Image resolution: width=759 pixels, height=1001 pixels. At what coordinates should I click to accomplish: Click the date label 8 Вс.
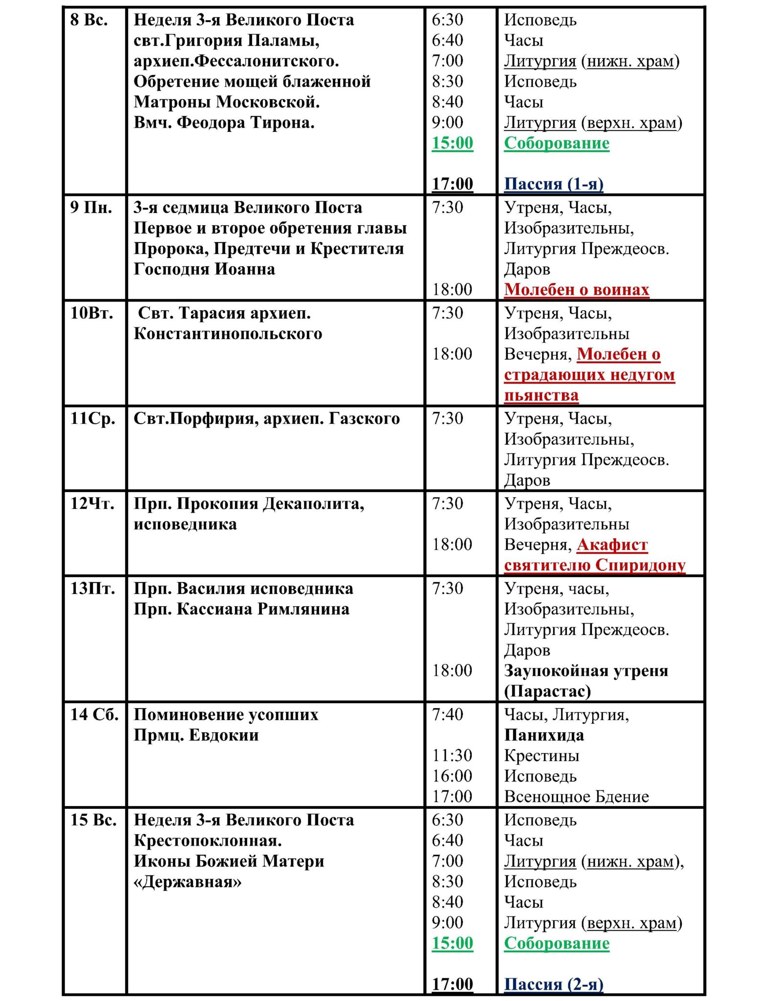89,20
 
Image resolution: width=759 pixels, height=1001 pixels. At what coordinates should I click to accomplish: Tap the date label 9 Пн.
91,208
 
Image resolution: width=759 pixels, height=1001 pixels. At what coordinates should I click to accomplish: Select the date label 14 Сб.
94,715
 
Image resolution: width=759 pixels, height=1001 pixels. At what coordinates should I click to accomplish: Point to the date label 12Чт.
93,504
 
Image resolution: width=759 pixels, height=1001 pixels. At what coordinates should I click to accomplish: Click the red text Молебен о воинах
577,290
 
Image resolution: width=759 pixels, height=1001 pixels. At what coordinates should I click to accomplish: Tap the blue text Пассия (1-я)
554,184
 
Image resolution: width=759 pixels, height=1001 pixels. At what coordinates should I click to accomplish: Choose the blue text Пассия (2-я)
554,984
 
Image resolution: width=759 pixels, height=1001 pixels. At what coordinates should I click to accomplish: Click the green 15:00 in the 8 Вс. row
453,143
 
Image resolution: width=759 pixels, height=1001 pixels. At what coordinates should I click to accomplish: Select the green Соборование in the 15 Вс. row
557,943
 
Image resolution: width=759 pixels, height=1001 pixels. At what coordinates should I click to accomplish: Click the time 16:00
452,777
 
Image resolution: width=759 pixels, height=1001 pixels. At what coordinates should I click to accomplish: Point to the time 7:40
448,715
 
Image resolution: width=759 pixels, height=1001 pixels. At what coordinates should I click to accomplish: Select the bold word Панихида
544,736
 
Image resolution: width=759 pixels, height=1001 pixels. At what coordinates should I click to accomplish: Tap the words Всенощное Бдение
577,797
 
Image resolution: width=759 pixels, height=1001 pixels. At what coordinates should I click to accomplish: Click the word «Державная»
188,882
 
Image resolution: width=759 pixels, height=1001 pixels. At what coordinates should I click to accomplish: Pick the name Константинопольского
228,334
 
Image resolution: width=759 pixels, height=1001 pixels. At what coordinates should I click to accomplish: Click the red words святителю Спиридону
595,566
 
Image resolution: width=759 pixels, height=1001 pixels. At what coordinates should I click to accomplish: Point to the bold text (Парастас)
547,692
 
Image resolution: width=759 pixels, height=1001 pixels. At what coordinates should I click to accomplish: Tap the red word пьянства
542,395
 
